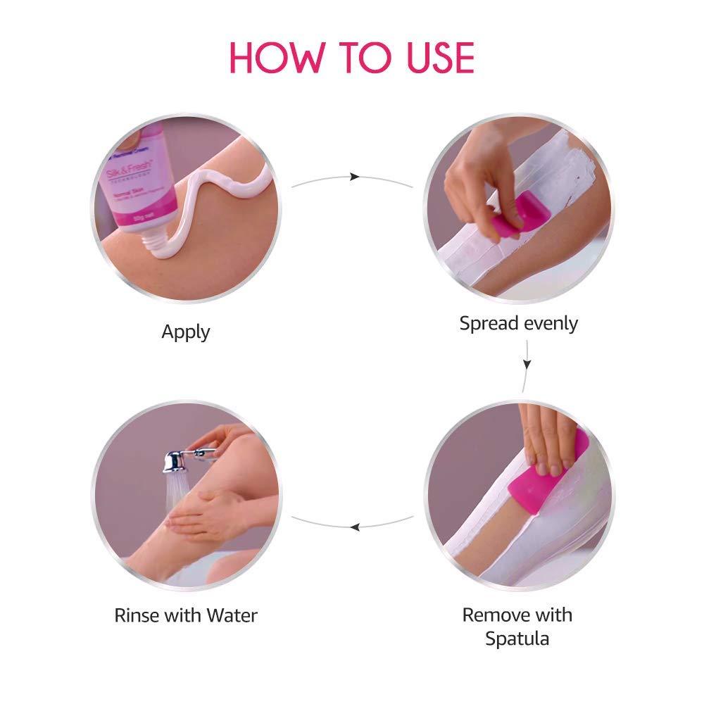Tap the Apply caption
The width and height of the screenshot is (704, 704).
pos(186,332)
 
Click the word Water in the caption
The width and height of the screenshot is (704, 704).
pos(232,615)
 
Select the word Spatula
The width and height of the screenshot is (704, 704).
pos(517,639)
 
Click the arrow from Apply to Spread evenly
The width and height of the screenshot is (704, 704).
pos(355,177)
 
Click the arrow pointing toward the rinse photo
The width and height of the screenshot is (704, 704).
pos(356,525)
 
